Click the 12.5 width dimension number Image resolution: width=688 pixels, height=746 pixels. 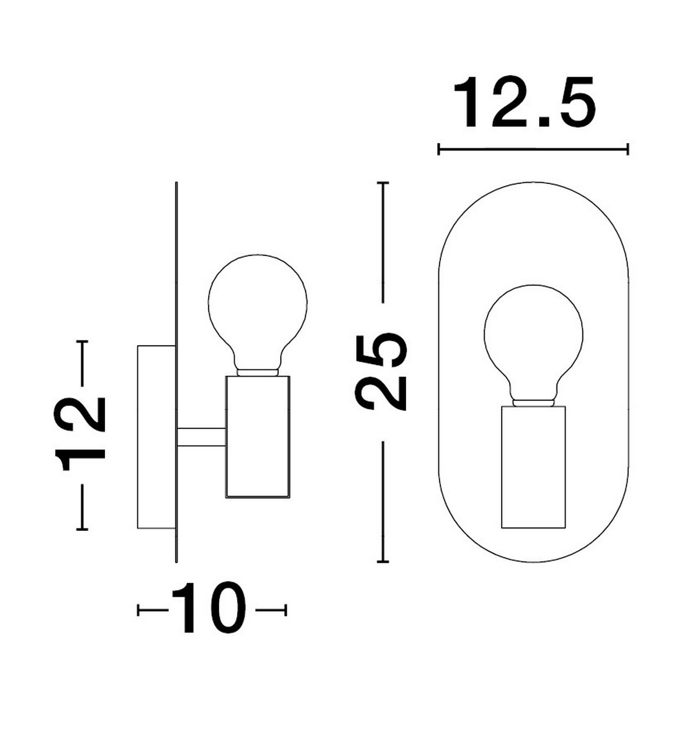pos(525,103)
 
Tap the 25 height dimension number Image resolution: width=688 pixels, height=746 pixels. pos(381,372)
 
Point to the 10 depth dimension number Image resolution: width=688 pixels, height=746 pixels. pos(209,609)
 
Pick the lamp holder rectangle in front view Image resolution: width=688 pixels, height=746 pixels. pos(533,466)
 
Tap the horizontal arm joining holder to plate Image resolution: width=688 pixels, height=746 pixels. pos(201,437)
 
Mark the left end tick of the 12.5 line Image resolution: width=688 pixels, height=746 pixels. pos(439,149)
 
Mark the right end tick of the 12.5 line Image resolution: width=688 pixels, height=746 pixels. pos(628,149)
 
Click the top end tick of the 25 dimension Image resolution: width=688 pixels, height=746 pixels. pos(383,183)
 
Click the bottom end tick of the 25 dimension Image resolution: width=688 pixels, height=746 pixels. pos(383,562)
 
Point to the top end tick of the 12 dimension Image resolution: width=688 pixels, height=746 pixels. pos(82,341)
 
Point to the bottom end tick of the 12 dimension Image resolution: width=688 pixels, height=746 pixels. pos(82,529)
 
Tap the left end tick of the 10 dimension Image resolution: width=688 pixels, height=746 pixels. pos(138,610)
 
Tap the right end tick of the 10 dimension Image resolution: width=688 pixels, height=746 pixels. pos(286,610)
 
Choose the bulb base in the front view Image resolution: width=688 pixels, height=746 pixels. pos(533,402)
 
